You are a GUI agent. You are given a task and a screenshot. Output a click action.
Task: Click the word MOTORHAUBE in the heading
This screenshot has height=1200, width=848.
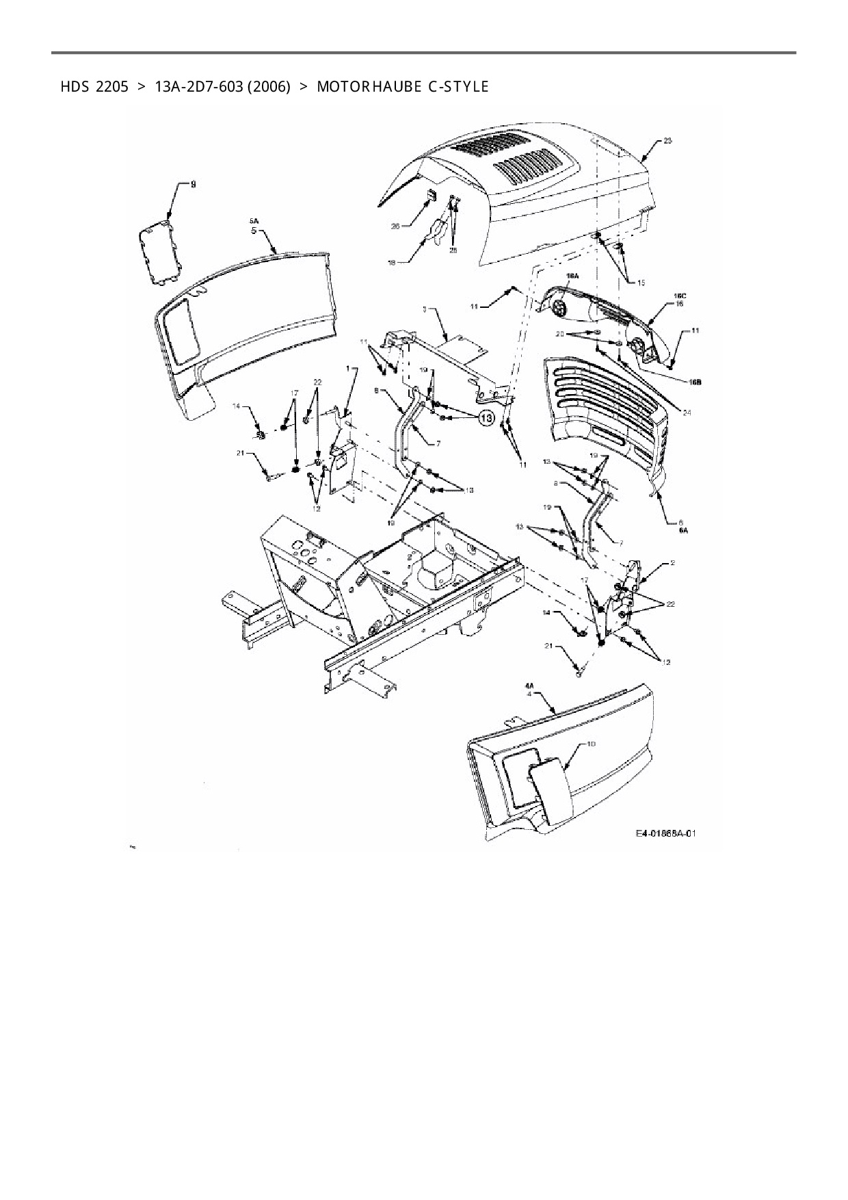click(x=360, y=87)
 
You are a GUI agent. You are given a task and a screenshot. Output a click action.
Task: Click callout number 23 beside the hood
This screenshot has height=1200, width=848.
click(x=667, y=141)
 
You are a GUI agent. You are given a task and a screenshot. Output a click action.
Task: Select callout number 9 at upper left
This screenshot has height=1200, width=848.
click(x=193, y=185)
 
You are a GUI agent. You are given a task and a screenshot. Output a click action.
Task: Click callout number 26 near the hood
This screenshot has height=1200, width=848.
click(x=395, y=226)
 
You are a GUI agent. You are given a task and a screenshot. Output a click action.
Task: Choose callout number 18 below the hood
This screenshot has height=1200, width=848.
click(x=392, y=261)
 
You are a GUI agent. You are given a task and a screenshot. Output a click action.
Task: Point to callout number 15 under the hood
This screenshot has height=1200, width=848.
click(x=640, y=282)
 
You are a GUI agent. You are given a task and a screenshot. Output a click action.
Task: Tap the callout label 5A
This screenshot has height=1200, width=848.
click(x=254, y=222)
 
